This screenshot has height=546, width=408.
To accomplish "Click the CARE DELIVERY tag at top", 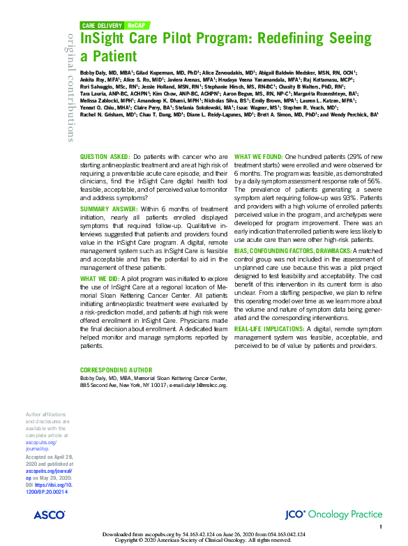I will [103, 24].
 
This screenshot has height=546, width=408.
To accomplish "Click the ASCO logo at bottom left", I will [49, 515].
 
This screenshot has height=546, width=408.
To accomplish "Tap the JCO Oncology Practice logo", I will [333, 515].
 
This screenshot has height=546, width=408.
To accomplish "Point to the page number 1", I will [381, 526].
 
